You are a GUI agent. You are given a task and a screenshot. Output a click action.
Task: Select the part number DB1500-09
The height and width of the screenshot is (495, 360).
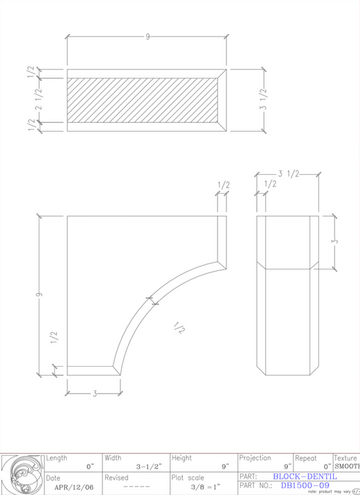(305, 485)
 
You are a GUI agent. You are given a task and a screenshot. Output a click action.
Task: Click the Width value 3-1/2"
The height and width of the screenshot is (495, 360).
(147, 466)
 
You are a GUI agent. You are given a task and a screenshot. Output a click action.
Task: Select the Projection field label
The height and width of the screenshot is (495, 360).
(255, 458)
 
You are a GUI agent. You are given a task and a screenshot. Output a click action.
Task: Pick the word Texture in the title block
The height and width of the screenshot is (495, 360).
(346, 458)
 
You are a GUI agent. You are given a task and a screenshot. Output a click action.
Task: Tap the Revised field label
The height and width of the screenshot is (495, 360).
(116, 477)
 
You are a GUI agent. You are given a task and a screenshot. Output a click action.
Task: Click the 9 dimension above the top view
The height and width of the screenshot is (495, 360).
(147, 36)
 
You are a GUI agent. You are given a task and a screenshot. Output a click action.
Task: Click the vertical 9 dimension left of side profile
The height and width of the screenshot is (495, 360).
(39, 294)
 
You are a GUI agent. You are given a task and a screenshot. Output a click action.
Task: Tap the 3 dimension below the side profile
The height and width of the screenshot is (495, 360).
(94, 393)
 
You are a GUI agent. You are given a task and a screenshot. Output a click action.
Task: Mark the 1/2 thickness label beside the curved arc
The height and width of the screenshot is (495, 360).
(178, 328)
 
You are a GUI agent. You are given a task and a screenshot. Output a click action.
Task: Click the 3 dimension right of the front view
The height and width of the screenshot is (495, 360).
(334, 242)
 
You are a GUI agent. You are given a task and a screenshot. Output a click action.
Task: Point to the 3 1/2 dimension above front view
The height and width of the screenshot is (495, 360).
(288, 174)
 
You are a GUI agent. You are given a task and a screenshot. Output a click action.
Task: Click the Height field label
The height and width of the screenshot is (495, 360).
(182, 458)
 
